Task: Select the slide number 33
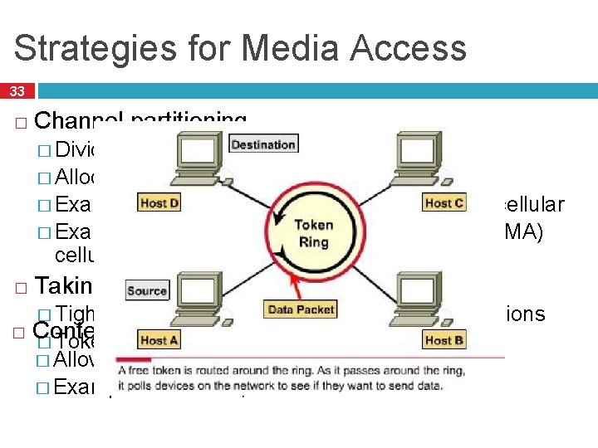click(17, 91)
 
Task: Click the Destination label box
click(262, 144)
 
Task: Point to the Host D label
click(159, 203)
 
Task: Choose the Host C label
click(444, 203)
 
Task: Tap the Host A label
click(159, 340)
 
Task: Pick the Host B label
click(438, 340)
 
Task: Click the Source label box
click(146, 291)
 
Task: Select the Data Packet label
click(301, 309)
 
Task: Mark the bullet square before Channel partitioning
click(21, 123)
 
